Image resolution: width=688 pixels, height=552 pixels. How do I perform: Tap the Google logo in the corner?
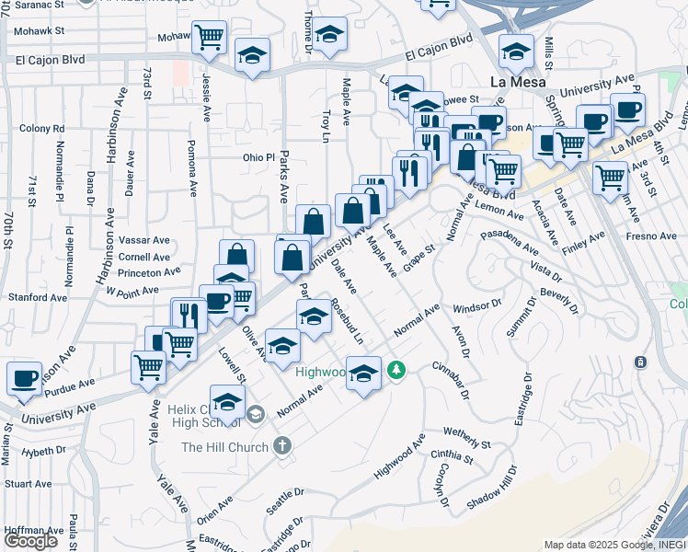click(31, 541)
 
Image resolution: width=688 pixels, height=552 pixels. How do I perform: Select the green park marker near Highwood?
click(396, 370)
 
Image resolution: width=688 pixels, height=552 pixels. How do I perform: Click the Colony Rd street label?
click(40, 129)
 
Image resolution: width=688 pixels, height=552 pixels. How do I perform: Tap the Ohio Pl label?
click(258, 157)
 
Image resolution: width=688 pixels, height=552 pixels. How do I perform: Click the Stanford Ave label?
click(38, 297)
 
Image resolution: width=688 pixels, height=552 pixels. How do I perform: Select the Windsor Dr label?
click(477, 305)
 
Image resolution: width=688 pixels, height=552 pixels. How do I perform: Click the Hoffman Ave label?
click(32, 530)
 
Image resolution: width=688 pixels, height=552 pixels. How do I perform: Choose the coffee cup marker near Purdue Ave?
click(24, 377)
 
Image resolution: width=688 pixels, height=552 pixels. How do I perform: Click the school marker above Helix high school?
click(227, 400)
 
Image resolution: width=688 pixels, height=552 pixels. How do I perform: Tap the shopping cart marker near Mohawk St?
click(210, 37)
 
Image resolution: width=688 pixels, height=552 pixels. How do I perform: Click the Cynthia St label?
click(451, 456)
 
